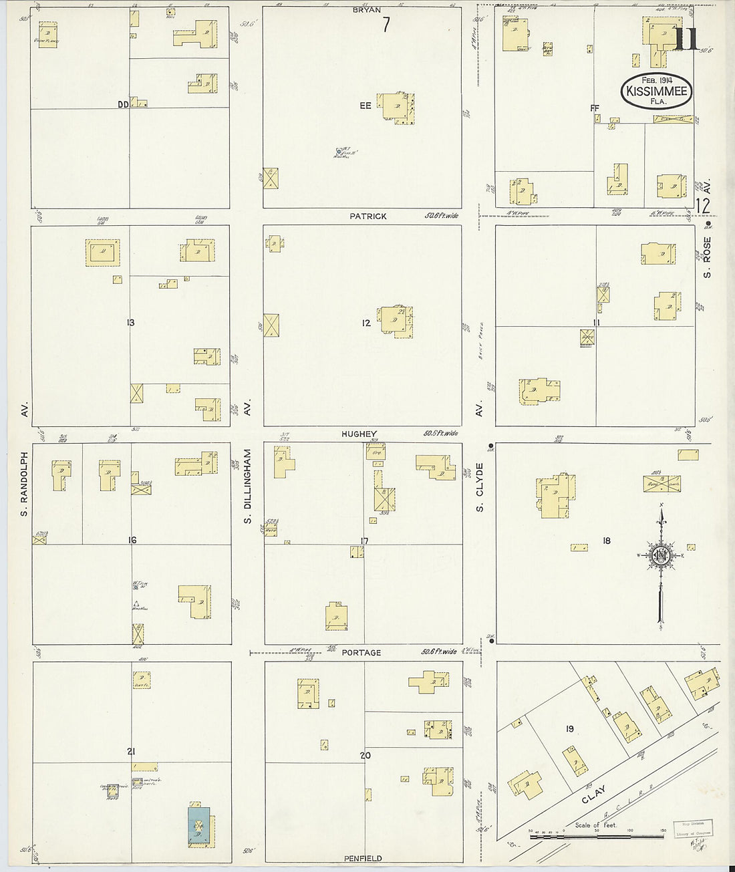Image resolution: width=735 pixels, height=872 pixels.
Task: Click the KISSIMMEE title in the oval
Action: pyautogui.click(x=657, y=91)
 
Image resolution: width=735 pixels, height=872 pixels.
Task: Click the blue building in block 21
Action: pyautogui.click(x=198, y=826)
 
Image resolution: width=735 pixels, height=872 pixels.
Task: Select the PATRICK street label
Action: pyautogui.click(x=367, y=216)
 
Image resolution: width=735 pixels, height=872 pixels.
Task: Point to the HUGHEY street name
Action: pyautogui.click(x=359, y=434)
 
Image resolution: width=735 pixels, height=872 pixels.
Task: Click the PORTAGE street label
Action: pyautogui.click(x=361, y=652)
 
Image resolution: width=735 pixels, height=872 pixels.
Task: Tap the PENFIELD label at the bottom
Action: pyautogui.click(x=363, y=858)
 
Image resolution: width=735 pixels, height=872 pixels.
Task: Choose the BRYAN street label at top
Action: pyautogui.click(x=367, y=10)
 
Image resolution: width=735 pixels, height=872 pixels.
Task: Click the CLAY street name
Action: pyautogui.click(x=593, y=794)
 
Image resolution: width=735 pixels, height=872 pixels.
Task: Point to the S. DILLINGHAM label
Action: pyautogui.click(x=247, y=486)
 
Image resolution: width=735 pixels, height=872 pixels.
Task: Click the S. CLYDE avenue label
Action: pyautogui.click(x=479, y=488)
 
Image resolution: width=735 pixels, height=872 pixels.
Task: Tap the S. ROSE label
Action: pyautogui.click(x=707, y=257)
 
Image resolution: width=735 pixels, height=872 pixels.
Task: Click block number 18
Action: pyautogui.click(x=606, y=541)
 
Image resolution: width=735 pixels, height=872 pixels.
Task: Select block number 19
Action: pyautogui.click(x=569, y=729)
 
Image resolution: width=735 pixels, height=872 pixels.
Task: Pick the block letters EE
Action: pyautogui.click(x=365, y=106)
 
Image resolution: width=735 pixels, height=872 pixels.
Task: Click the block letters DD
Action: pyautogui.click(x=123, y=104)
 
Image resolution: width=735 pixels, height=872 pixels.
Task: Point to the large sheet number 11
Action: pyautogui.click(x=686, y=39)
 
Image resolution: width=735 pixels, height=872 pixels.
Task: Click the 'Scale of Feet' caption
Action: pyautogui.click(x=595, y=825)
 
